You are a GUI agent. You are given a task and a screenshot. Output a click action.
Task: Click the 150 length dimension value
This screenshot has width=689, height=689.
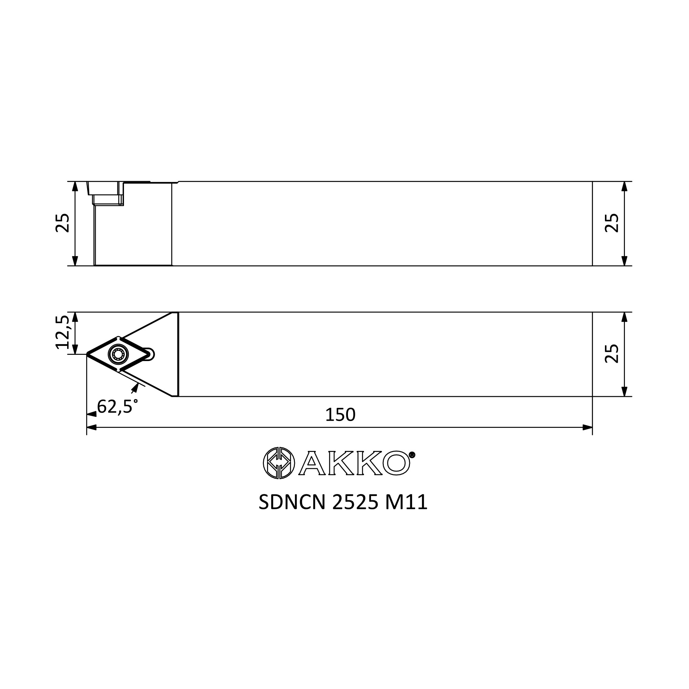pyautogui.click(x=340, y=415)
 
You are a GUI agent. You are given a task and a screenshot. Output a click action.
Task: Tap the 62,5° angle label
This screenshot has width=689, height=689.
pyautogui.click(x=117, y=407)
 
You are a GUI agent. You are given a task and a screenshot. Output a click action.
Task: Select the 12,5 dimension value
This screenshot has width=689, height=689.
pyautogui.click(x=62, y=332)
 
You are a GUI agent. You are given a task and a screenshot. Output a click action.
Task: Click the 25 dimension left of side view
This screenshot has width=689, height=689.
pyautogui.click(x=62, y=223)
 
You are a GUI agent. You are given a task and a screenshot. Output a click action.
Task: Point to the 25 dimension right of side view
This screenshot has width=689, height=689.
pyautogui.click(x=611, y=223)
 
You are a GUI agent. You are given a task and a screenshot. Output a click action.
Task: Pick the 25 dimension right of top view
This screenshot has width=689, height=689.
pyautogui.click(x=611, y=353)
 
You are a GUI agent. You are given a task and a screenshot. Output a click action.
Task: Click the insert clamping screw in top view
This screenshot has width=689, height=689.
pyautogui.click(x=118, y=354)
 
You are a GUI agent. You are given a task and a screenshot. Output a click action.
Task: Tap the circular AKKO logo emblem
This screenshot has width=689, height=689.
pyautogui.click(x=279, y=463)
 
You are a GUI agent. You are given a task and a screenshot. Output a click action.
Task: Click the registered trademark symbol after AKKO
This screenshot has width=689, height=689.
pyautogui.click(x=412, y=455)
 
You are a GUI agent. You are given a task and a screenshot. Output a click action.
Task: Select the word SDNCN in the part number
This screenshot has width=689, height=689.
pyautogui.click(x=292, y=503)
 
